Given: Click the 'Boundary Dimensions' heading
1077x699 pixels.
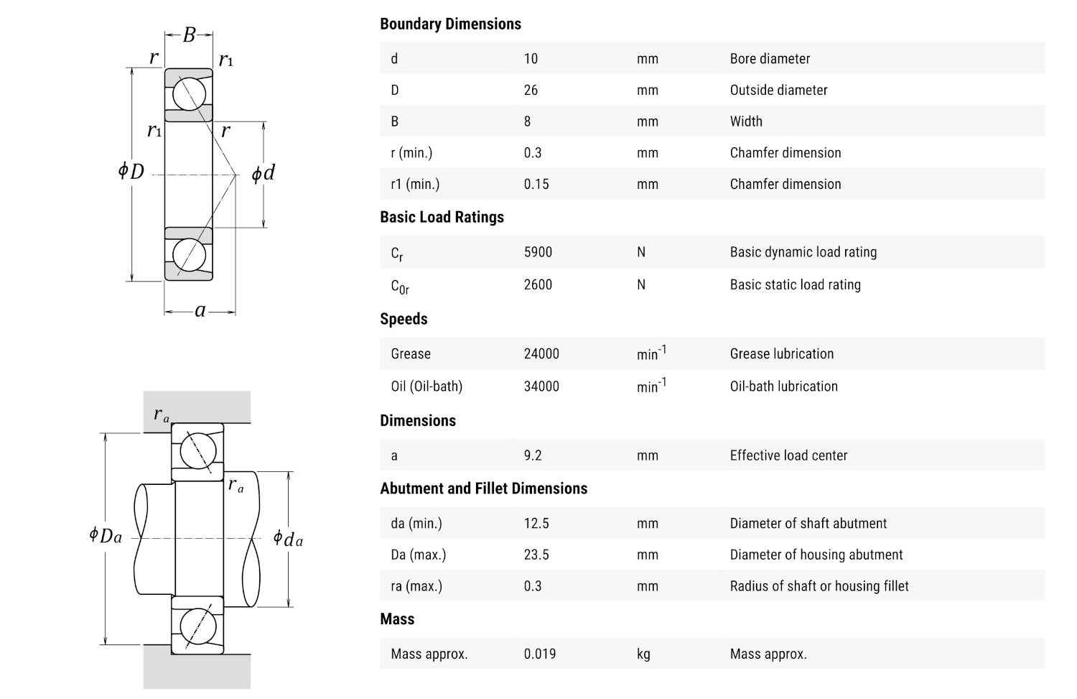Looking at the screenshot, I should (x=450, y=24).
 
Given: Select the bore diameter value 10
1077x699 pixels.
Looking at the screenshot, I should (x=531, y=59).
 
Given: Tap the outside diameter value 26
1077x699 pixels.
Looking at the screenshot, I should (x=531, y=91).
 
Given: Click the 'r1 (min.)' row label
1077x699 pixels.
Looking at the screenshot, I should (x=415, y=185).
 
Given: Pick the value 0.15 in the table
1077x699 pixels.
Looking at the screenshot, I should (x=536, y=185).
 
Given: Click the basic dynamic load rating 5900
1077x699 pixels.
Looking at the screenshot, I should (x=538, y=252).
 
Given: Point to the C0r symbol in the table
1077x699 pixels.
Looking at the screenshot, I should (x=400, y=286).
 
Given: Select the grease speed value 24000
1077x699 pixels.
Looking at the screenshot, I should (x=541, y=354).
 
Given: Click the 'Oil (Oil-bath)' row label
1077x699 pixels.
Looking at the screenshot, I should (x=426, y=386).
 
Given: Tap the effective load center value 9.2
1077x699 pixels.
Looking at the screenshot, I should (x=533, y=455).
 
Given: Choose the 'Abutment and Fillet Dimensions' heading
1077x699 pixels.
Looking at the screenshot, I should (x=483, y=489).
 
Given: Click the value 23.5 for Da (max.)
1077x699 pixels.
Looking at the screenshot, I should (x=536, y=555).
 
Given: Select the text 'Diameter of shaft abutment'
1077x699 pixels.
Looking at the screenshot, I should (x=808, y=524).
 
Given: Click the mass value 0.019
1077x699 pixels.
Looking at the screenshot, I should (x=540, y=654).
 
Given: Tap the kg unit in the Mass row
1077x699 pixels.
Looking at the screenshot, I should (x=643, y=654).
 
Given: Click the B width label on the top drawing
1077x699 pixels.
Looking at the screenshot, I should (x=189, y=34).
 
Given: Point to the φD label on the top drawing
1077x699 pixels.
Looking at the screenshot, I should (x=131, y=171).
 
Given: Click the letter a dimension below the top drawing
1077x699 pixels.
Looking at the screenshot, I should (x=200, y=310).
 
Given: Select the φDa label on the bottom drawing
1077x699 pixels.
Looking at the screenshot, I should (x=106, y=535).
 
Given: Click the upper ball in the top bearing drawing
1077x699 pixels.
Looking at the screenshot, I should (x=189, y=94).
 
